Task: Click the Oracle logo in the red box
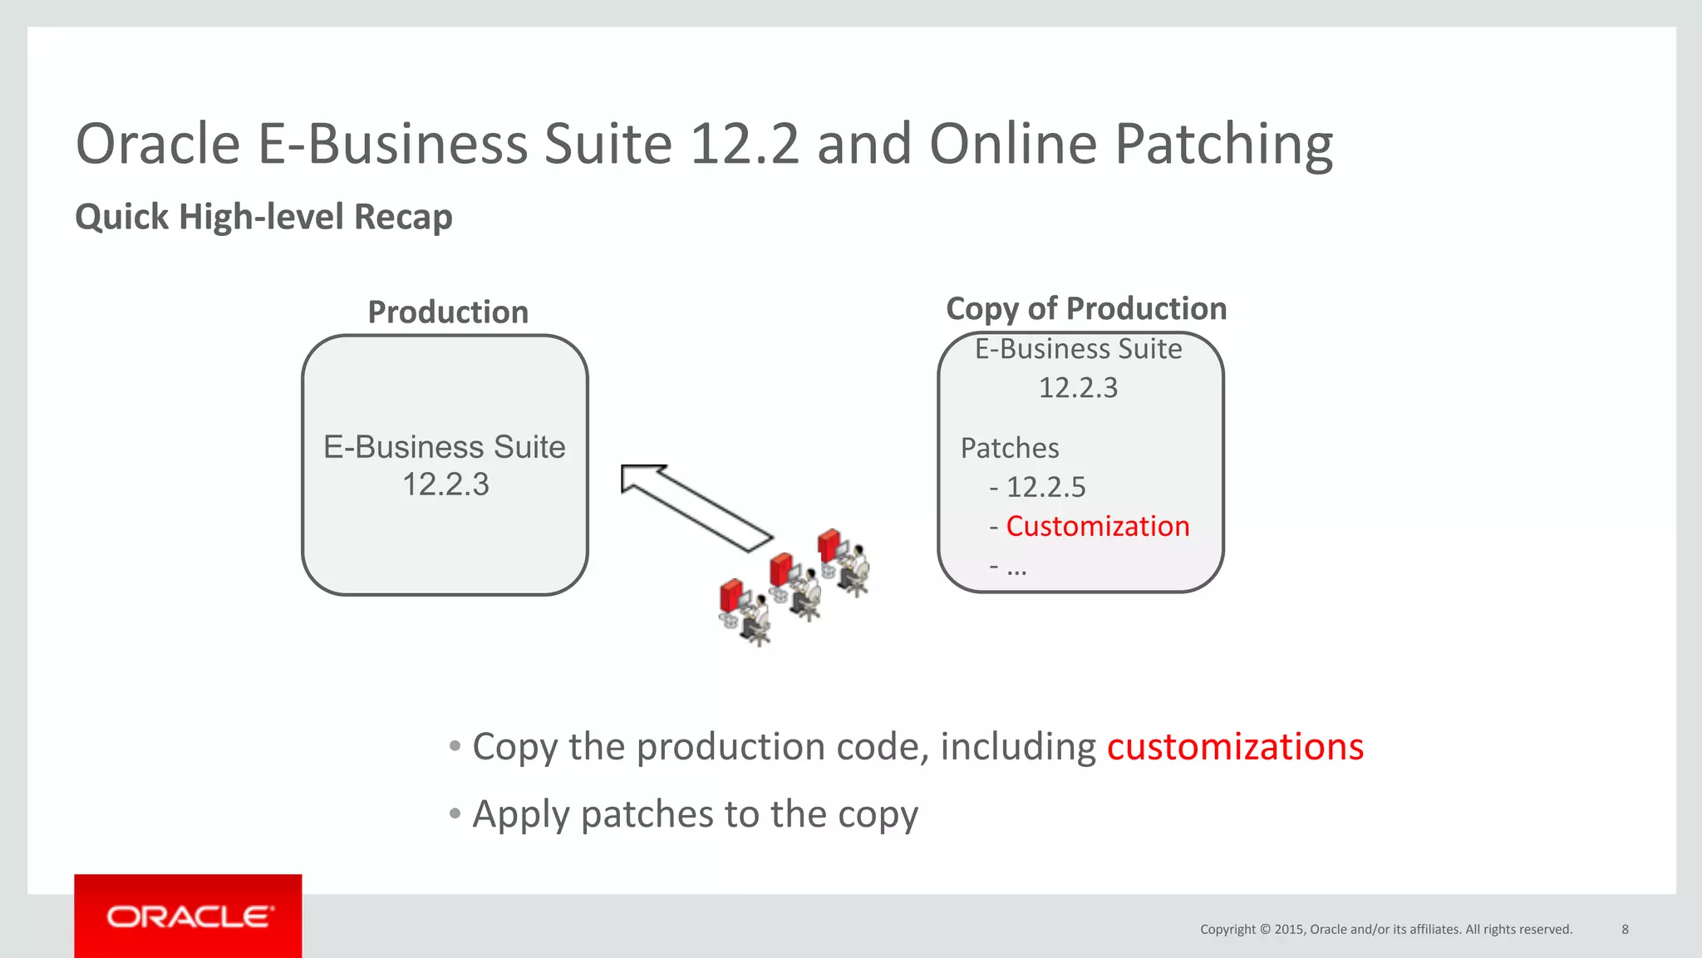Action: (189, 916)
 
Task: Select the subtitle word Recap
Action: (403, 217)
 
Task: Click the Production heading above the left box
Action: (448, 312)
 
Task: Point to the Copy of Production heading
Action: (1086, 308)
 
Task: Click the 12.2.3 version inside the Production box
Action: (445, 484)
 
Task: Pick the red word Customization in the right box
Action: (1097, 526)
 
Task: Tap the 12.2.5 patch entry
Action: (1045, 487)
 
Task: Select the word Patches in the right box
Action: (1010, 448)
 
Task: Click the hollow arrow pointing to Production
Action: (695, 507)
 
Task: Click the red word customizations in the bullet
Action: (1235, 746)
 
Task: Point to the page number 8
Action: (1625, 929)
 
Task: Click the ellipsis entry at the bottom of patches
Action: (1016, 568)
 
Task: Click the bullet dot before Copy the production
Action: (455, 745)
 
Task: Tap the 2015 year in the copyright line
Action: (1289, 929)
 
